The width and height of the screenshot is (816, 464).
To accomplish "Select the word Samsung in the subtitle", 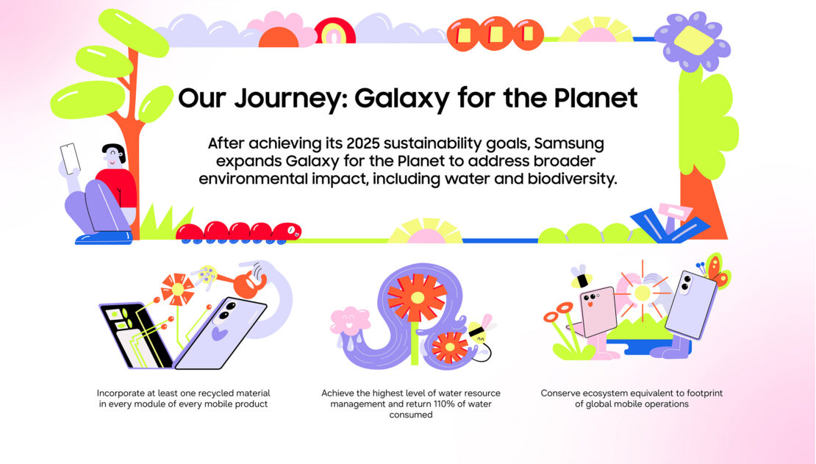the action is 569,143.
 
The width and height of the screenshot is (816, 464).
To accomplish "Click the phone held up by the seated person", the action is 71,158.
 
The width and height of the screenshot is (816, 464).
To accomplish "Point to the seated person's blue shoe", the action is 104,238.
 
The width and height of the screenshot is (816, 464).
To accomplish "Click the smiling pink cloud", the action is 349,321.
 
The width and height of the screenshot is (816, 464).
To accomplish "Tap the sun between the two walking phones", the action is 643,293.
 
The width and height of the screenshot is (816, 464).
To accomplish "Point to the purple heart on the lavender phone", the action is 219,332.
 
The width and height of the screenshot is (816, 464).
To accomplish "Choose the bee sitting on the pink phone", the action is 581,276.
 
